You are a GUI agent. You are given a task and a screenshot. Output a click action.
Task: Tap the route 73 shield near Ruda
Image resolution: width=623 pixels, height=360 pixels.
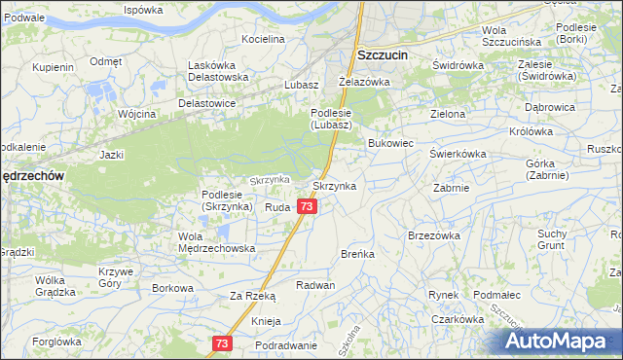[x=308, y=207]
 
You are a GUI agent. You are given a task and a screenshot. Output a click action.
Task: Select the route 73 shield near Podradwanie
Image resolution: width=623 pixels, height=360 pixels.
[x=223, y=343]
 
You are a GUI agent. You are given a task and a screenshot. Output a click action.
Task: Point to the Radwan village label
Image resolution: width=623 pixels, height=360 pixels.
[x=316, y=285]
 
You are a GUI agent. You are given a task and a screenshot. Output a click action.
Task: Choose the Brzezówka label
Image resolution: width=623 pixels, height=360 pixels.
[x=434, y=235]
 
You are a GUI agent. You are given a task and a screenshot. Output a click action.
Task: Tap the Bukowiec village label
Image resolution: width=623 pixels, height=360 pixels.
[x=391, y=143]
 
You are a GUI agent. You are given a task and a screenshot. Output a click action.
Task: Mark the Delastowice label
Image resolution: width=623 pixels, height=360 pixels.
[x=207, y=102]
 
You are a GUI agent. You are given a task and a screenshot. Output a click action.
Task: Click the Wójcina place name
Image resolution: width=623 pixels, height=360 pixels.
[x=136, y=114]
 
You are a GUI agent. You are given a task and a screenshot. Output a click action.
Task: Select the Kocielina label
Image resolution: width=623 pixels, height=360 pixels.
[x=263, y=40]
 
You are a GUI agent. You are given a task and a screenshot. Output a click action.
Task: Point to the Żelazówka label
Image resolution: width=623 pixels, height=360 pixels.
[x=363, y=82]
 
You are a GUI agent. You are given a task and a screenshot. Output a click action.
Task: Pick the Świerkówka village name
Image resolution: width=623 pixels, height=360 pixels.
[x=458, y=154]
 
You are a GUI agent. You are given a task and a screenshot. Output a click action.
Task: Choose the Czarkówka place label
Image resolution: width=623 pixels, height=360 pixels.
[x=458, y=319]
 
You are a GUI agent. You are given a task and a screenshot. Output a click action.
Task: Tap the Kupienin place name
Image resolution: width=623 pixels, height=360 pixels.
[x=53, y=68]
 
